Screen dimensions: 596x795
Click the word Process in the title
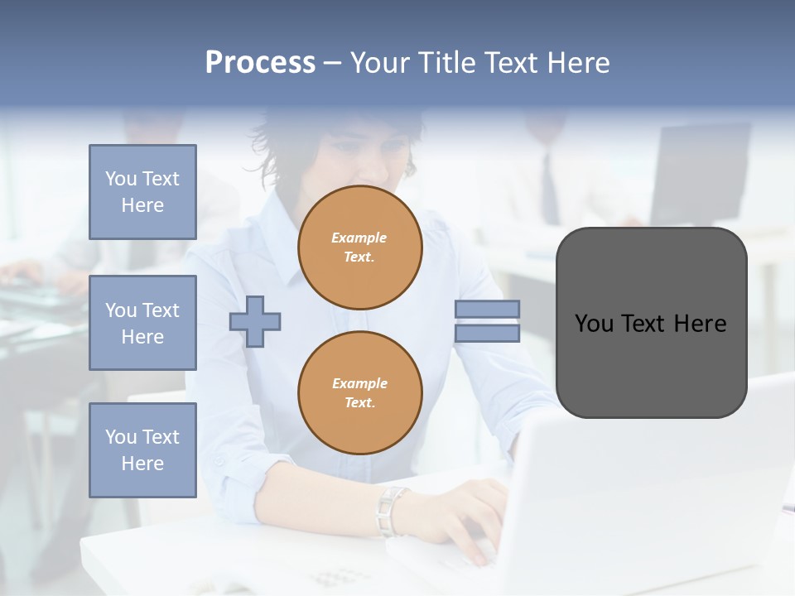(x=260, y=63)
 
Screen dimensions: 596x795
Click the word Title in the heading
(x=451, y=63)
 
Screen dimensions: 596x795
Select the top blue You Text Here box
(x=142, y=192)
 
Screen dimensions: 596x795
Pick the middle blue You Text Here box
(x=142, y=323)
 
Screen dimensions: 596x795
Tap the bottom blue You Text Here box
(x=142, y=449)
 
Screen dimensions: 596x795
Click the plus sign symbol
(x=255, y=321)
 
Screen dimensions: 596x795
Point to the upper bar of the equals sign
(x=487, y=309)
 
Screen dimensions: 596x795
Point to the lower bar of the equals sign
(x=487, y=333)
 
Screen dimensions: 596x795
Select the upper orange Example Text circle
(x=360, y=248)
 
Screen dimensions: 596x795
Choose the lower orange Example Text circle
(x=360, y=392)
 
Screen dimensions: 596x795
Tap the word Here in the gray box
(x=700, y=324)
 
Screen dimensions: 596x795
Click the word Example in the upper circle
(x=359, y=238)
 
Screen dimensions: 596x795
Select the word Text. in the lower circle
(x=359, y=402)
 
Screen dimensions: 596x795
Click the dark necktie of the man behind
(x=549, y=190)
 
